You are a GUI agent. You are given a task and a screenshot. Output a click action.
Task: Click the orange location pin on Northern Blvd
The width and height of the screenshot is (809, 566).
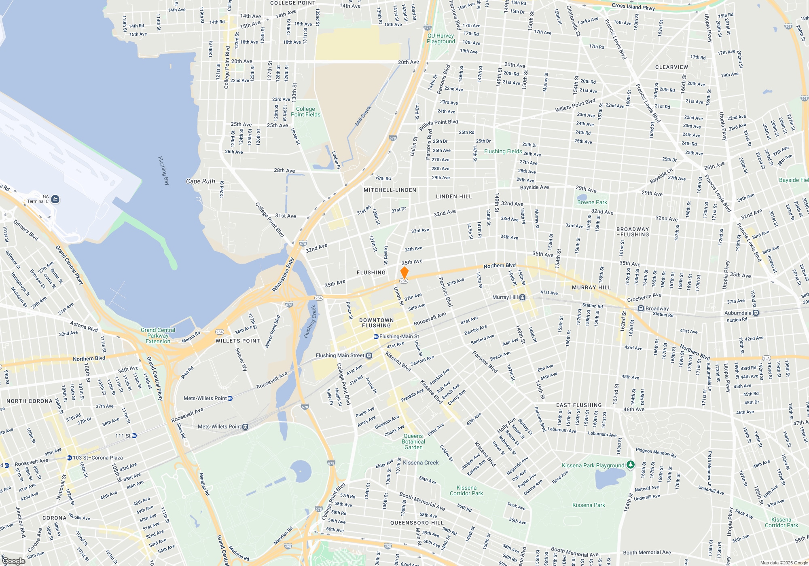pos(404,272)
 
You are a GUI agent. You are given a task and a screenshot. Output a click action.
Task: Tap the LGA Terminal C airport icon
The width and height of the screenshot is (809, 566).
pos(55,199)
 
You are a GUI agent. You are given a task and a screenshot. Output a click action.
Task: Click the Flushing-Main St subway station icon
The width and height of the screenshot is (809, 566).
pos(376,336)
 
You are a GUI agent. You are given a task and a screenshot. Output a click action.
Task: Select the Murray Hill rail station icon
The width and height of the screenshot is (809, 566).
pos(523,298)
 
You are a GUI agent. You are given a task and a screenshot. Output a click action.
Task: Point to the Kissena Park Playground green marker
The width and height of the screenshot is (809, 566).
pos(630,465)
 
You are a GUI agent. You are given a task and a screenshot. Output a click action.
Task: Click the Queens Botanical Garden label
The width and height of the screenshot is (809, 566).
pos(413,441)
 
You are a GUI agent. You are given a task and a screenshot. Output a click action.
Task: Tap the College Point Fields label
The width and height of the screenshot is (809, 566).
pos(305,112)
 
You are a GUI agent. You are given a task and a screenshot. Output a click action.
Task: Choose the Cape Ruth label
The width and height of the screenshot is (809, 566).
pos(201,181)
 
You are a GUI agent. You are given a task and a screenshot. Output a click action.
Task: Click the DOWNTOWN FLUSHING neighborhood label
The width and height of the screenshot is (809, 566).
pos(376,323)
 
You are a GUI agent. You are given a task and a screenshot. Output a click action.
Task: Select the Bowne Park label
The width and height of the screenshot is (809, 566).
pos(592,202)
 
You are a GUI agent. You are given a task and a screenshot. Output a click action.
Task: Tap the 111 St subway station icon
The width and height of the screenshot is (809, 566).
pos(134,435)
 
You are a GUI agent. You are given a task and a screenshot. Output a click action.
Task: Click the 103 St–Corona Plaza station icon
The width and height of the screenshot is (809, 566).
pos(69,458)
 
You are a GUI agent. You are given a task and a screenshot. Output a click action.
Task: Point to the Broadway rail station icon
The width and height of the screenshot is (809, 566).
pos(641,308)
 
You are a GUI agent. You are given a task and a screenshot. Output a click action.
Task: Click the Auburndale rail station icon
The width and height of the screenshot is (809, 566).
pos(756,313)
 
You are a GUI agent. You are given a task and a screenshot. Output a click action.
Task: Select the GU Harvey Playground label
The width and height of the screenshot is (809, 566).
pos(441,38)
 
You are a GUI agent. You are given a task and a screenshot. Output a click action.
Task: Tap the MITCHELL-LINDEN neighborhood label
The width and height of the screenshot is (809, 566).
pos(390,190)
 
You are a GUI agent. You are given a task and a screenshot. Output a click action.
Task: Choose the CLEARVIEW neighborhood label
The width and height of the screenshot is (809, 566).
pos(671,67)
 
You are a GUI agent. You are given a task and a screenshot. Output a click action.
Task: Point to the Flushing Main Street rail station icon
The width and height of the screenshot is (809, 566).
pos(369,356)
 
